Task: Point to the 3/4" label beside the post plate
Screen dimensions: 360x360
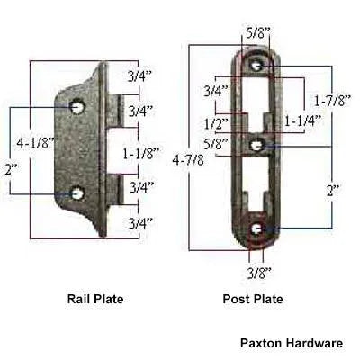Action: pyautogui.click(x=215, y=91)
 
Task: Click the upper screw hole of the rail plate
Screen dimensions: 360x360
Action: pyautogui.click(x=77, y=107)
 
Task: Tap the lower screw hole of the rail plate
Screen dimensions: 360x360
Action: pyautogui.click(x=78, y=192)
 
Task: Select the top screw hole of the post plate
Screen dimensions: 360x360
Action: pyautogui.click(x=257, y=65)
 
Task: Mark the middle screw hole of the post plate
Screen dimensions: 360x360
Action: pyautogui.click(x=257, y=145)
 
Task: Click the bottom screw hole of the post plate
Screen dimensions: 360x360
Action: pyautogui.click(x=257, y=229)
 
